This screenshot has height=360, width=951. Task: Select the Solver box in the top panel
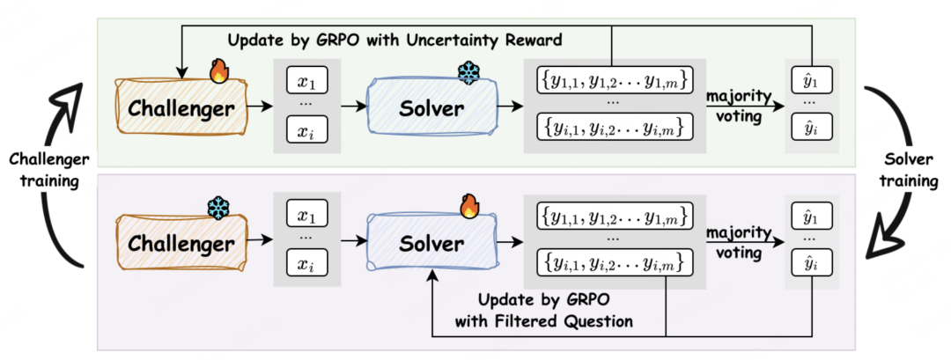(431, 109)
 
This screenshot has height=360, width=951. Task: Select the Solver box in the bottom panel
(431, 244)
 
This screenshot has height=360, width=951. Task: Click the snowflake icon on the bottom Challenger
(217, 209)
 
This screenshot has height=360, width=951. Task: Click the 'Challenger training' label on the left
(49, 170)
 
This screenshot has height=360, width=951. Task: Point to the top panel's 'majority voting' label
(738, 106)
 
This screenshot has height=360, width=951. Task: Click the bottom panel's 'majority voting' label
(738, 242)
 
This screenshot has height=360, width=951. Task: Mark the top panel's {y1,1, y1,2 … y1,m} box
(613, 80)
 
